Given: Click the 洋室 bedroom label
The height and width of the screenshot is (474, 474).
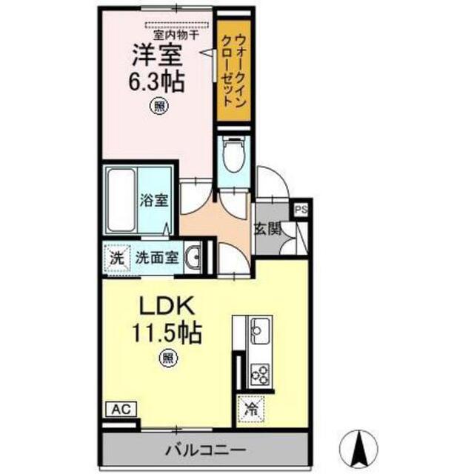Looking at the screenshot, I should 156,56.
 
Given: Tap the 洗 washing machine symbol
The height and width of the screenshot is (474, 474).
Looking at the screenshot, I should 116,258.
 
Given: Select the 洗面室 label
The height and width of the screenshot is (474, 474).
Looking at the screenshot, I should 156,258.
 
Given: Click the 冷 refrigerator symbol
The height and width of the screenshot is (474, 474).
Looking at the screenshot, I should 250,407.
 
